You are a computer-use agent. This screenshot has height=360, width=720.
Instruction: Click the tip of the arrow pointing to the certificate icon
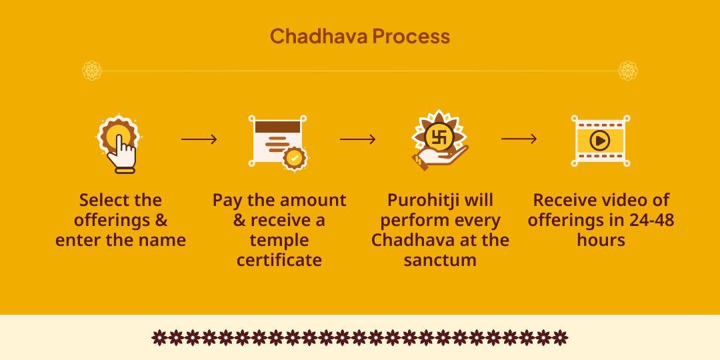217,139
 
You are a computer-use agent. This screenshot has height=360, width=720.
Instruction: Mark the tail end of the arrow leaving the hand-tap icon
181,139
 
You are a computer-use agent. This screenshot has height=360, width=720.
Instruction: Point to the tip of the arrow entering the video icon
537,139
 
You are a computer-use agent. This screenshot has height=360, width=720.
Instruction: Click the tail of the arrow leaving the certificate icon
340,139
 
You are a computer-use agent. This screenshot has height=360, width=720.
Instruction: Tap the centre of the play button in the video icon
600,141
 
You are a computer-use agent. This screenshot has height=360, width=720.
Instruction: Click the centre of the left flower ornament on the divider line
92,71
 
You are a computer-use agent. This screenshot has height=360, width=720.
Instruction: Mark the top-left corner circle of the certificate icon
251,119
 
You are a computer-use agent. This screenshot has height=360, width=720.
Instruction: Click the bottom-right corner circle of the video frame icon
627,163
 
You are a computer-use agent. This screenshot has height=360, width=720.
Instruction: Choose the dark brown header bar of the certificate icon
278,127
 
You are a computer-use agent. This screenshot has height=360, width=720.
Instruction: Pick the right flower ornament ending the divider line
628,71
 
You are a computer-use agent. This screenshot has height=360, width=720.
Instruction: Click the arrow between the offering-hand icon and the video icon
519,139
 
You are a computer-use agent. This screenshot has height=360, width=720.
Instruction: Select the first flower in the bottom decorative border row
159,337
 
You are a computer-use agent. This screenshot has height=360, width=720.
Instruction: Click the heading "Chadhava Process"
360,36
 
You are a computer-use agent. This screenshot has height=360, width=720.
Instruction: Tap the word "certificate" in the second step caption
279,261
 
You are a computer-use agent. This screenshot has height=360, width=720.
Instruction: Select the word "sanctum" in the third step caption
440,261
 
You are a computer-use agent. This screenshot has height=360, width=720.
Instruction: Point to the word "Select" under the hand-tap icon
101,200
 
